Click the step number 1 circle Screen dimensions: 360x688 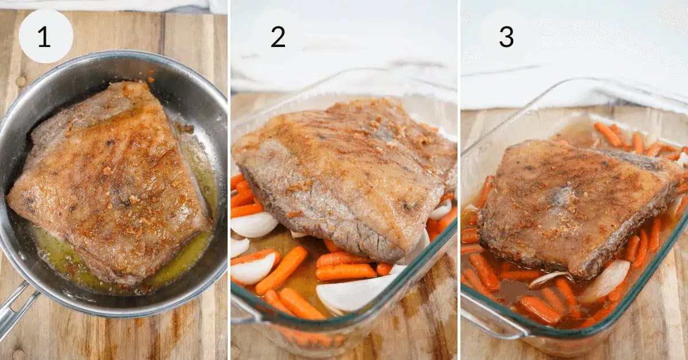pos(46,36)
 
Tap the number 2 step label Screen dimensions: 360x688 pos(277,37)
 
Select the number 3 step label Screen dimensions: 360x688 pos(506,37)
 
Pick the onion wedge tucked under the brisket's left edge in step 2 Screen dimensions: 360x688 pos(253,224)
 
